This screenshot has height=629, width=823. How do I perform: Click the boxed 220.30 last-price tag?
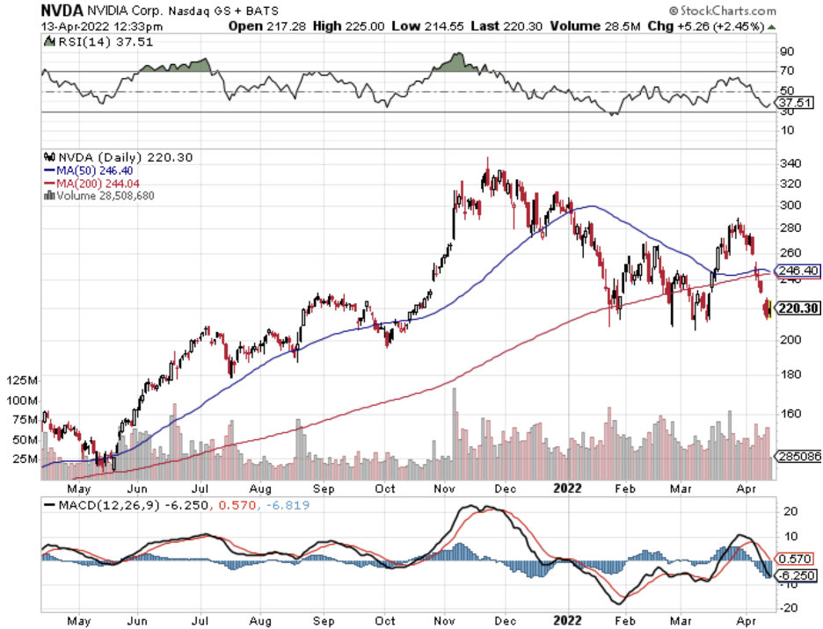[x=797, y=308]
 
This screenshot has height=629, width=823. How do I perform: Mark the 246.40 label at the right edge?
[x=797, y=271]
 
